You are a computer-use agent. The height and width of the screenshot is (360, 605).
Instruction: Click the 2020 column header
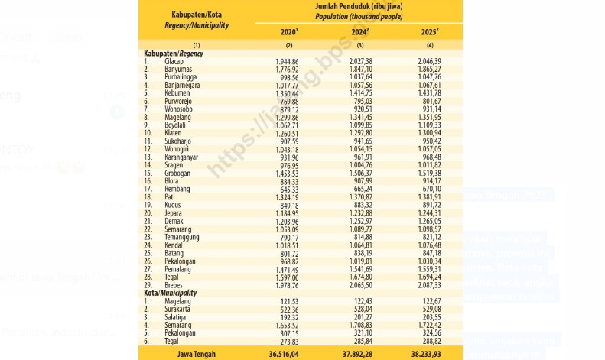288,31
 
